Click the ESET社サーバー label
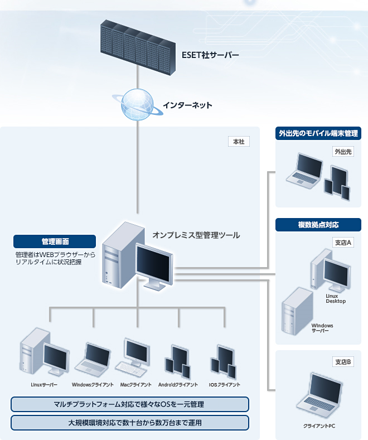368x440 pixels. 210,55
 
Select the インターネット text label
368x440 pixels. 188,104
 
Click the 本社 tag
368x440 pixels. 239,142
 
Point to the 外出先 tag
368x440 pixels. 343,151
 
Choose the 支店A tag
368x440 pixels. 342,243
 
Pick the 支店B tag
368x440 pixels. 342,362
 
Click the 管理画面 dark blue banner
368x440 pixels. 55,241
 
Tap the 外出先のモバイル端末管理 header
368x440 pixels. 318,133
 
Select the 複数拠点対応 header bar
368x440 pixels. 318,225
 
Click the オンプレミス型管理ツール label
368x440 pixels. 196,235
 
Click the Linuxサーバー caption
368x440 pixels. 45,385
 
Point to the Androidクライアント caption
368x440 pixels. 178,385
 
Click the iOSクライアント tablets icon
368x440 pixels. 224,361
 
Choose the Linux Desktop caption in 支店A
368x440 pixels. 336,298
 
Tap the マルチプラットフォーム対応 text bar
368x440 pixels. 129,404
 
